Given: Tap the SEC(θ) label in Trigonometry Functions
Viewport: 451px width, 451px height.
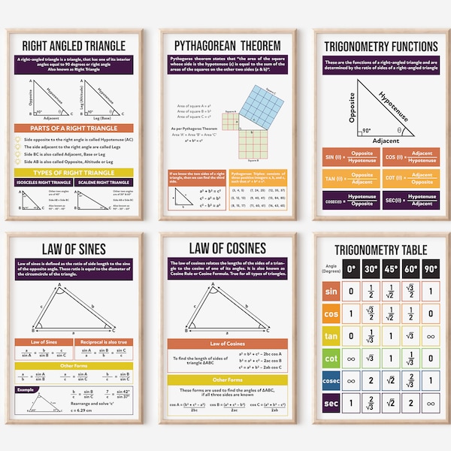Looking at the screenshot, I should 392,201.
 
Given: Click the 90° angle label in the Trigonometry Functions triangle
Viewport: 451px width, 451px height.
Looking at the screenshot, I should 367,130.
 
